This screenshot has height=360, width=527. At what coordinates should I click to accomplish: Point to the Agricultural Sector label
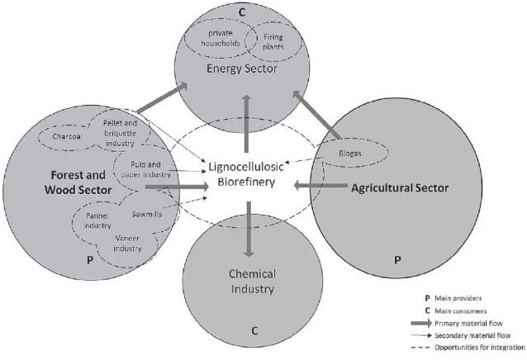point(399,188)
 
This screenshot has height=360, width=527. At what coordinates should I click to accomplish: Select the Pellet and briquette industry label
point(124,133)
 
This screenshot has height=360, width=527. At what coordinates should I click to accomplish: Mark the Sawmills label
point(146,213)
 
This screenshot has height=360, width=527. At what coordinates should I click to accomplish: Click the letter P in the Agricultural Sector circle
point(397,259)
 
